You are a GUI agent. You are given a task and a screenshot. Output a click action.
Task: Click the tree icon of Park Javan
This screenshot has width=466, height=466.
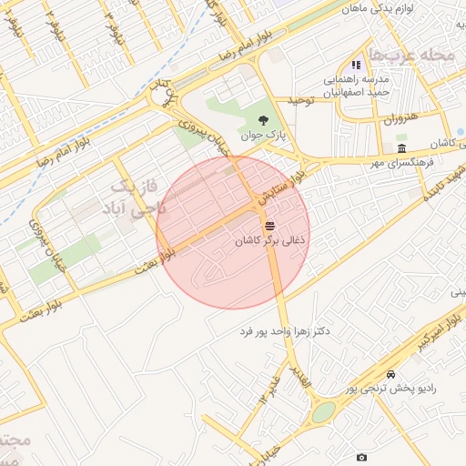tap(263, 119)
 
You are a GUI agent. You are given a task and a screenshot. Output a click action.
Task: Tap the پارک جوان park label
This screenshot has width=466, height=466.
tap(264, 136)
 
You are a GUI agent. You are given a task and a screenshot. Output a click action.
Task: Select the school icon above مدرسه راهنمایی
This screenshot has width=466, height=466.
tap(356, 66)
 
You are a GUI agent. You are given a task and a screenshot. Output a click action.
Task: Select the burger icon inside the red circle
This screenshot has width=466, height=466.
tap(269, 226)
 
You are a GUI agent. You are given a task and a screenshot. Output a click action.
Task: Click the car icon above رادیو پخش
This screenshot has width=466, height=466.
tap(390, 374)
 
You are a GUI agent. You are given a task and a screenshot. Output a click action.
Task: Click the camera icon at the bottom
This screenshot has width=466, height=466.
tap(362, 457)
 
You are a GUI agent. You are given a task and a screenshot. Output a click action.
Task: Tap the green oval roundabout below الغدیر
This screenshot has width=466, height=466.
tap(323, 413)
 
